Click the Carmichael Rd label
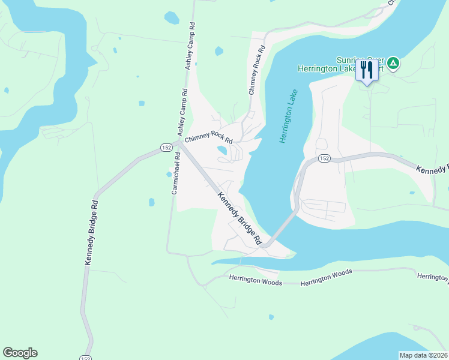175,173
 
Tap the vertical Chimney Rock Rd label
256,71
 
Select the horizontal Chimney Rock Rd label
208,138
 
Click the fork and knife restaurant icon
366,70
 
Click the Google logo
20,353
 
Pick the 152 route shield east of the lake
325,158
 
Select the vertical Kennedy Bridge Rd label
91,233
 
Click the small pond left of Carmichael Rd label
168,175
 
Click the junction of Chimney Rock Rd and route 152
179,143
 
